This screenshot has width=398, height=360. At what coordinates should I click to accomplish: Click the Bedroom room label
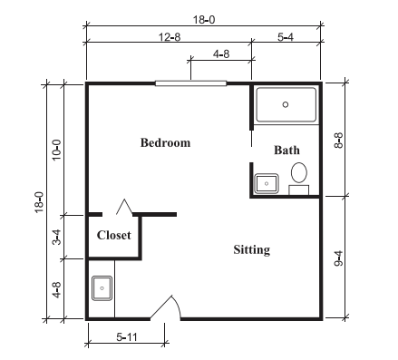165,142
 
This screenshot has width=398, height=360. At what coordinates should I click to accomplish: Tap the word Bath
286,150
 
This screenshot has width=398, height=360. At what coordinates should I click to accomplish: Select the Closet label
114,235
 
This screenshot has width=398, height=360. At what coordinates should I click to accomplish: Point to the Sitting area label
252,250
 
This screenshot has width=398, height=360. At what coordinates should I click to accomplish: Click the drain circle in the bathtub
286,104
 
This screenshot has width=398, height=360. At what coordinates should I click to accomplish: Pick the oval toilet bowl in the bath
299,172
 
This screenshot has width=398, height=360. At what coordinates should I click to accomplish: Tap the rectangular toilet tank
298,190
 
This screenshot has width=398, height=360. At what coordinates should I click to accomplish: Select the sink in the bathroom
267,183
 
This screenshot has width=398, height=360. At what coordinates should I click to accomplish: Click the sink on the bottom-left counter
102,288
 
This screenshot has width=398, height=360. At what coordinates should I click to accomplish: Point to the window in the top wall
190,83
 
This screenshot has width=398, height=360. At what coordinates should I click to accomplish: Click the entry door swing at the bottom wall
166,306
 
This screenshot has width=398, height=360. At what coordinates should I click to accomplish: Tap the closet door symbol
124,207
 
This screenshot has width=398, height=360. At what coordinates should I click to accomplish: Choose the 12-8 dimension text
170,37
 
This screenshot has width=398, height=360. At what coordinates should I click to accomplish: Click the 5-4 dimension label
286,37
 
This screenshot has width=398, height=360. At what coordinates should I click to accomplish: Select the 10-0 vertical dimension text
56,150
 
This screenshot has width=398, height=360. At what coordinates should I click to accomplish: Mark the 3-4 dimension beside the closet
56,237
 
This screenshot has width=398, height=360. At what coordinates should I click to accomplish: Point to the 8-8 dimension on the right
339,141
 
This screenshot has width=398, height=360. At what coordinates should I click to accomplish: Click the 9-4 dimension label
339,258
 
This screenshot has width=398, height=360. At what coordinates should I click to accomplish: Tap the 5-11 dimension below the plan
127,336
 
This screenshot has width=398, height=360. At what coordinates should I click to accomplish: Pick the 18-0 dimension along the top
204,20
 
